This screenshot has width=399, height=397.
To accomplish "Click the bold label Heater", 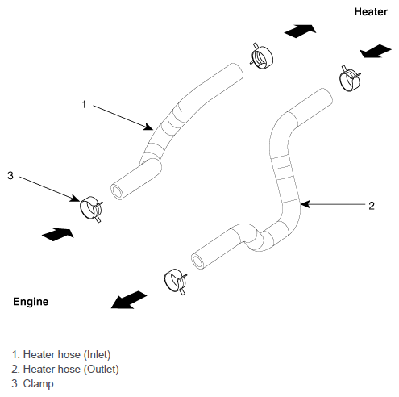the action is [x=371, y=12].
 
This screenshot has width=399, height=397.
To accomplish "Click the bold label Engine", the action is [x=31, y=302].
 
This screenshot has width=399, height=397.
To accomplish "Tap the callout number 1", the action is [x=84, y=104].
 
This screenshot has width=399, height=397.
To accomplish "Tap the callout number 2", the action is [x=372, y=206].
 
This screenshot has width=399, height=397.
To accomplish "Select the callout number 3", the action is [x=10, y=175].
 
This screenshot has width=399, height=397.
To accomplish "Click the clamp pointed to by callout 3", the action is [x=91, y=208].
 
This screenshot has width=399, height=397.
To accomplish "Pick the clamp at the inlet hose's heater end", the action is [x=262, y=56].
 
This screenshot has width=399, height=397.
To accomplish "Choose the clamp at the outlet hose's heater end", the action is [x=350, y=78].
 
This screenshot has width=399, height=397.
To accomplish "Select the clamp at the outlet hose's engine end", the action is [x=176, y=281].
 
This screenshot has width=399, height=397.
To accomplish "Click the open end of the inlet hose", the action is [x=117, y=192].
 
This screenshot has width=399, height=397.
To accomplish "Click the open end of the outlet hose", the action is [x=198, y=261].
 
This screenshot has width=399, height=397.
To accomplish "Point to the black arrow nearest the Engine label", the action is [x=129, y=300].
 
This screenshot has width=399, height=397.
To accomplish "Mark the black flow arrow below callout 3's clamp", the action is [x=58, y=234].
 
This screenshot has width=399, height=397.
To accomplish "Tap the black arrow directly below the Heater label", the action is [x=376, y=51].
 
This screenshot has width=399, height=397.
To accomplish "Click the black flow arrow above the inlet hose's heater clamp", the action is [x=300, y=31].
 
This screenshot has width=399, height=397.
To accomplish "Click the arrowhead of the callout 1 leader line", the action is [x=149, y=127].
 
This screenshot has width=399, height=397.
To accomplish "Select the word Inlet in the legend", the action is [x=97, y=355].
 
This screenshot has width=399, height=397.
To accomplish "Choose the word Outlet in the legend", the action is [x=101, y=370].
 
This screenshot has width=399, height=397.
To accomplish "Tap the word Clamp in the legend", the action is [x=38, y=384].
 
